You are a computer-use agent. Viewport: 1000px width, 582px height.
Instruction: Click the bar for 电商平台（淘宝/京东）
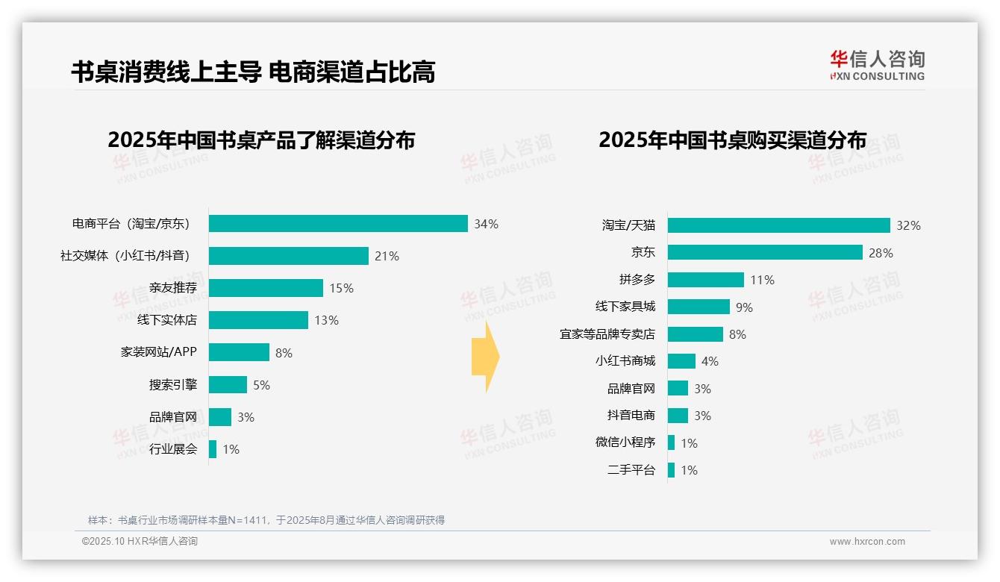click(338, 224)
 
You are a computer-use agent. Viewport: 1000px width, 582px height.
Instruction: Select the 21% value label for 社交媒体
click(387, 256)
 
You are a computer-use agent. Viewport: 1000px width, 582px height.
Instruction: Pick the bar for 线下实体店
click(258, 320)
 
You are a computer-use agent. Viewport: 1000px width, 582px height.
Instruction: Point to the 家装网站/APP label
click(158, 351)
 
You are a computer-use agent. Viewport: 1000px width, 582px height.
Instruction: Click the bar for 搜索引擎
click(228, 385)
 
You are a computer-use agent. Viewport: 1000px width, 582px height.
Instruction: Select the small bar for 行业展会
click(213, 449)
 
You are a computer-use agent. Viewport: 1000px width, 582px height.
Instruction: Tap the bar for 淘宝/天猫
click(778, 225)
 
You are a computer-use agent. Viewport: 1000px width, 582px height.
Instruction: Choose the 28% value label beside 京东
click(881, 253)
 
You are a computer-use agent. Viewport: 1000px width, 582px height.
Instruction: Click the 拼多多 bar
click(705, 280)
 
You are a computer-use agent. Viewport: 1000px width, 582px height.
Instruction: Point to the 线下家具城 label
click(625, 307)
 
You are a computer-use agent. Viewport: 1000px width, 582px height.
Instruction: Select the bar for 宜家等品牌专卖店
click(695, 334)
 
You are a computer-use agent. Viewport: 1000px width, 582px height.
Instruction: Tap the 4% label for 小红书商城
click(710, 361)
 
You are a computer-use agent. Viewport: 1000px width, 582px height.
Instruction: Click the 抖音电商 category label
click(631, 416)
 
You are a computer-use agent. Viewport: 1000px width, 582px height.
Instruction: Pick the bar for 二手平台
click(671, 470)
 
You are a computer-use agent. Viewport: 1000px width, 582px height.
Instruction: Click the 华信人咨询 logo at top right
click(877, 65)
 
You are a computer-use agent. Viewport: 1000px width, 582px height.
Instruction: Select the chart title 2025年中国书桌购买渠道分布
click(732, 140)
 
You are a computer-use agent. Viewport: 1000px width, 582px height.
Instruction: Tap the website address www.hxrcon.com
click(867, 542)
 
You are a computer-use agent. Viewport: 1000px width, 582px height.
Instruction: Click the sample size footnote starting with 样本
click(266, 520)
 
